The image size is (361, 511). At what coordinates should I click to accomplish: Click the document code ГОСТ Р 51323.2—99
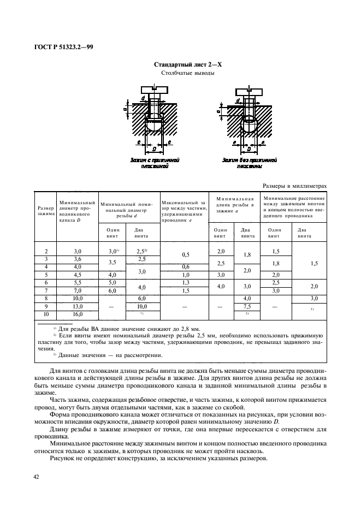pyautogui.click(x=64, y=47)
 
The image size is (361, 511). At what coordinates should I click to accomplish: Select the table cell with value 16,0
pyautogui.click(x=77, y=315)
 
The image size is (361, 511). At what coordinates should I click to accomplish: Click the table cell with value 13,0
pyautogui.click(x=77, y=307)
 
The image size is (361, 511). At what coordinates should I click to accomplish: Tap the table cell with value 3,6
pyautogui.click(x=77, y=258)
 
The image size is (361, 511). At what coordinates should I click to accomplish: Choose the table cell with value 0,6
pyautogui.click(x=186, y=266)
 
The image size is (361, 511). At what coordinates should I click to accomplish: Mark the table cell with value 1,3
pyautogui.click(x=186, y=283)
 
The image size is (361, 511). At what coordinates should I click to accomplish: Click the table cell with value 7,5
pyautogui.click(x=246, y=307)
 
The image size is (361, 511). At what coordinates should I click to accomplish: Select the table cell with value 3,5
pyautogui.click(x=113, y=263)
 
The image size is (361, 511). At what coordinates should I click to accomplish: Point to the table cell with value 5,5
pyautogui.click(x=77, y=283)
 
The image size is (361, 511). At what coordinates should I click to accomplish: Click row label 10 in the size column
pyautogui.click(x=46, y=315)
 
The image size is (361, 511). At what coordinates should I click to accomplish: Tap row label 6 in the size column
pyautogui.click(x=46, y=283)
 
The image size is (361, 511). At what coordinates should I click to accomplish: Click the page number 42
pyautogui.click(x=36, y=477)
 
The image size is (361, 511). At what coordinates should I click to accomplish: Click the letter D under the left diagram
pyautogui.click(x=155, y=148)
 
